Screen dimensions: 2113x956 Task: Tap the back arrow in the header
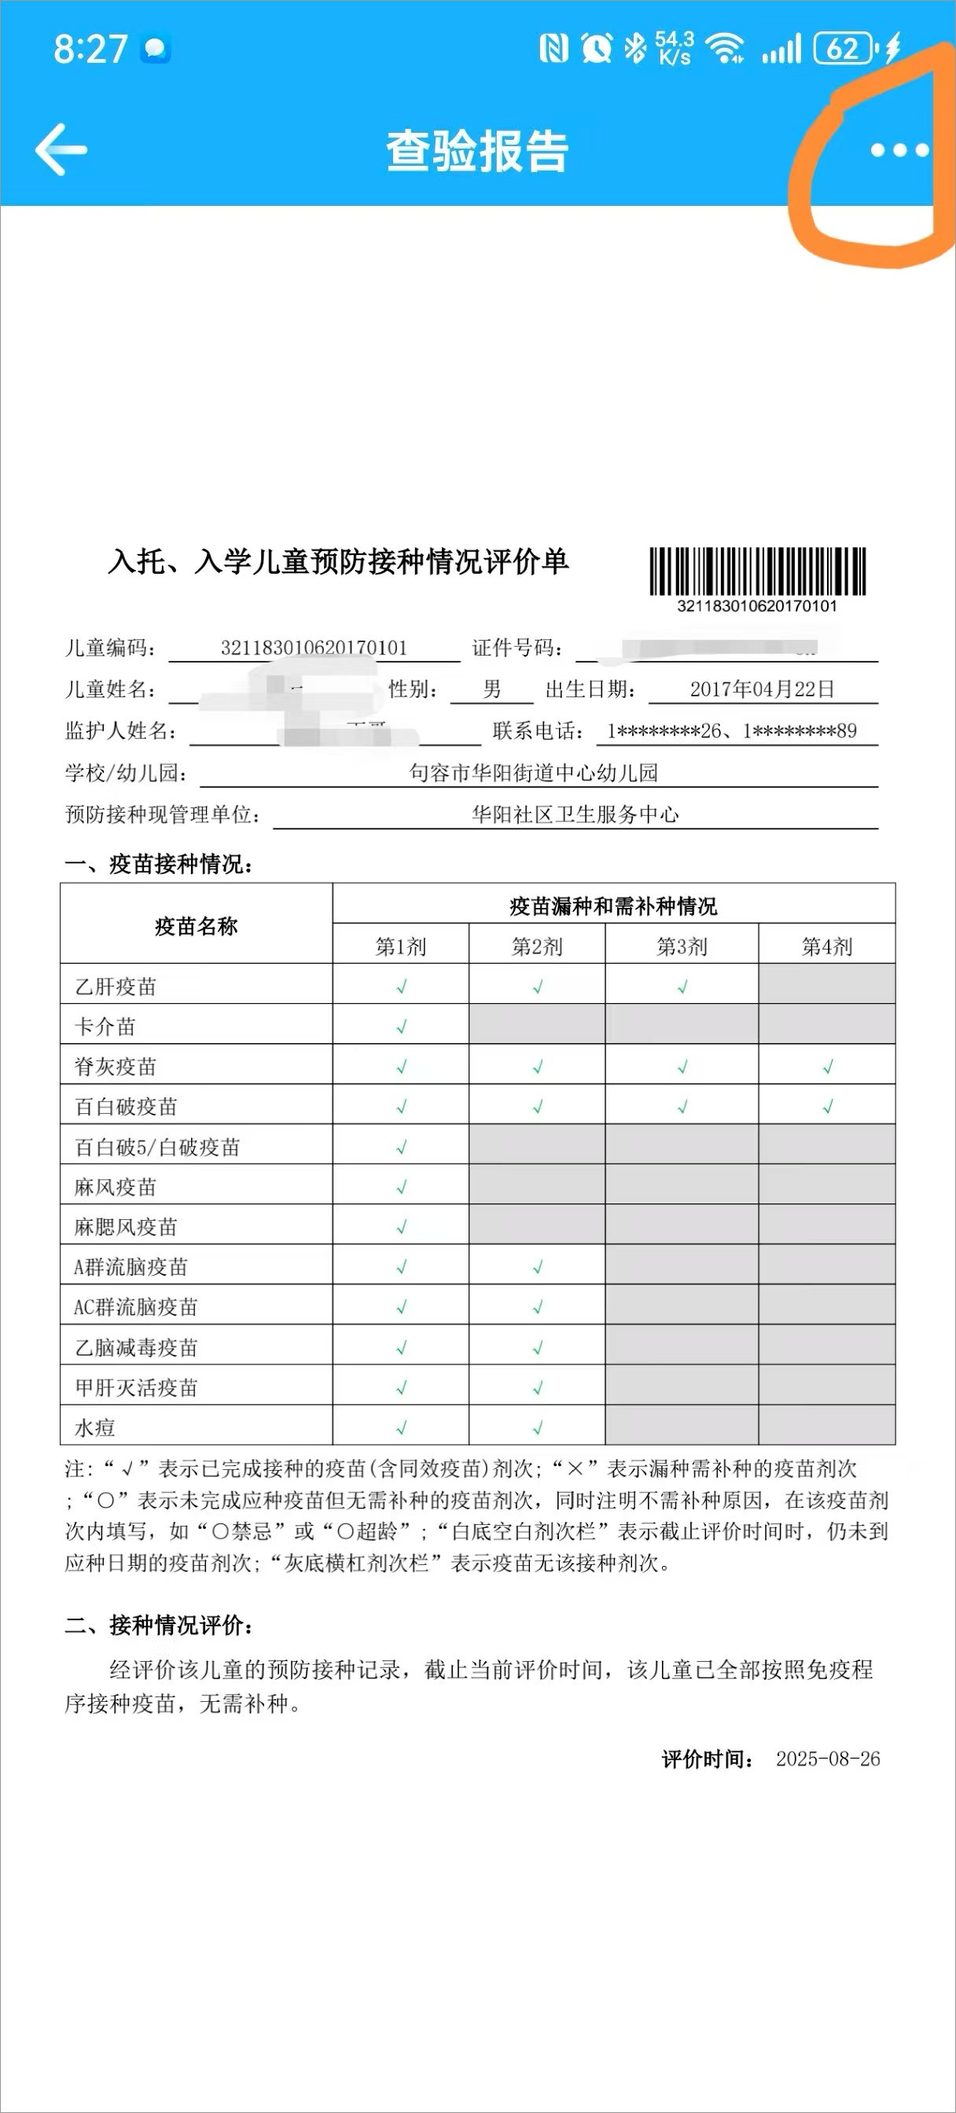point(61,149)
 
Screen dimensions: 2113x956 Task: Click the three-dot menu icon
point(899,150)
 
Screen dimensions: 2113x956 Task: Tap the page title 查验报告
point(476,151)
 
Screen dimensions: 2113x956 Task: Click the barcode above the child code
point(757,571)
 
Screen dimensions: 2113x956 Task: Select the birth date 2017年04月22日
point(762,689)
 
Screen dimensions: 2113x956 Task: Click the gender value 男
point(491,689)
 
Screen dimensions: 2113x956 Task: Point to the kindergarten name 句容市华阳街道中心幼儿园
point(533,773)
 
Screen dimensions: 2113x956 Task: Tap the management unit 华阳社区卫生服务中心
point(575,814)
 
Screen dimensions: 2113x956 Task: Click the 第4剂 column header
point(826,946)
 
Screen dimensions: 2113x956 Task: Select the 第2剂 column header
point(537,946)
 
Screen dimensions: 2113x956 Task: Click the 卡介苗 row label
point(105,1026)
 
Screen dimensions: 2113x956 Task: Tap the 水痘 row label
point(95,1428)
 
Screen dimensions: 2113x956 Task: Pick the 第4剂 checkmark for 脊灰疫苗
point(827,1067)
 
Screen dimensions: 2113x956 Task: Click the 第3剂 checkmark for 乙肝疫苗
point(682,987)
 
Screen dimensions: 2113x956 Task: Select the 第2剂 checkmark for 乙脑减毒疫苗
point(538,1347)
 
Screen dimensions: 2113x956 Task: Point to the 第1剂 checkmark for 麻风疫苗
point(401,1187)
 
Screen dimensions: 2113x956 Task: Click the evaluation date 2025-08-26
point(827,1758)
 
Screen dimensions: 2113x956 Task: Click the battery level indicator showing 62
point(844,50)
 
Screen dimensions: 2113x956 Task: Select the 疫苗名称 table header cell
point(196,926)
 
